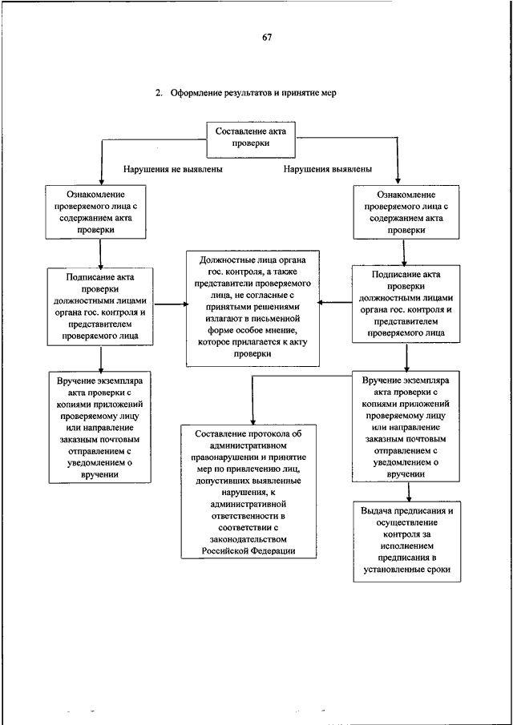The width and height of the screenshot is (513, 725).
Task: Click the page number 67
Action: [267, 38]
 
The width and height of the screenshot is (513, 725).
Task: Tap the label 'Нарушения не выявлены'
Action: [173, 169]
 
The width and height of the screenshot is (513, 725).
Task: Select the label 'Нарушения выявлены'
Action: [328, 169]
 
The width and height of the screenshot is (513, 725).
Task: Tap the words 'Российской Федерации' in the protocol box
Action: [248, 550]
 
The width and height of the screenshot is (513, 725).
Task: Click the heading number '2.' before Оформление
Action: [160, 93]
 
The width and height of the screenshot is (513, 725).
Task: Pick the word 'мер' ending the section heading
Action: [329, 94]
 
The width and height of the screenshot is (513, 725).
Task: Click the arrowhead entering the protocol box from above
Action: [252, 421]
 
